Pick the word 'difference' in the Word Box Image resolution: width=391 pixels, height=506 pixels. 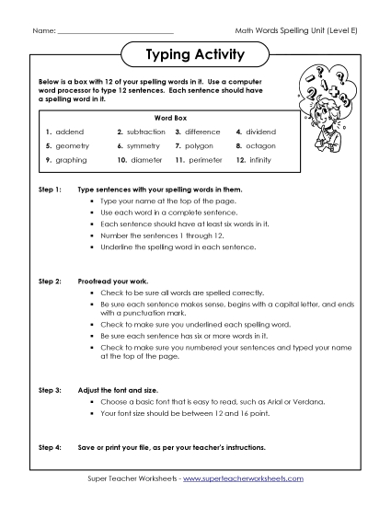[205, 132]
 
